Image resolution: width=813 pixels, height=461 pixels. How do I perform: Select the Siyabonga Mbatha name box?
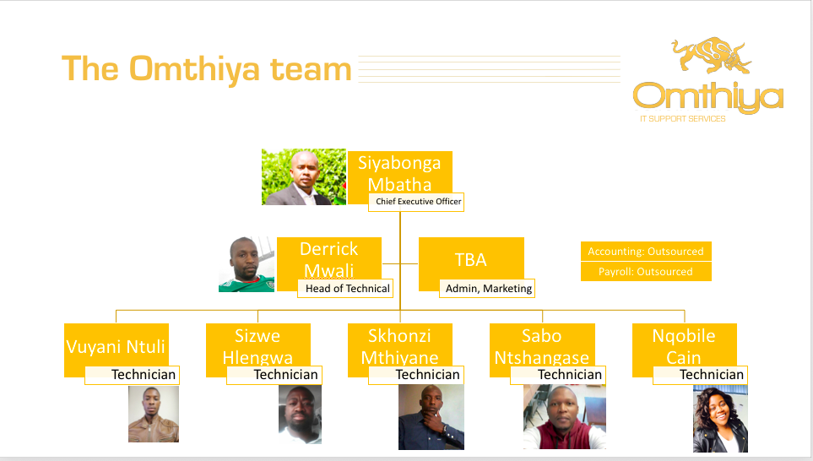400,173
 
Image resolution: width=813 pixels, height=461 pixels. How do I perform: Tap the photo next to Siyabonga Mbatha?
304,176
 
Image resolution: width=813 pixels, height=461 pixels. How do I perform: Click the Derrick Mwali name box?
329,258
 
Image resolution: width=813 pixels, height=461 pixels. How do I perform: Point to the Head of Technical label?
345,288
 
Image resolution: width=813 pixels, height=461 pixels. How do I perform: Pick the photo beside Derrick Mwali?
247,264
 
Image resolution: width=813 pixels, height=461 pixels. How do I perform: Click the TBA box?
471,259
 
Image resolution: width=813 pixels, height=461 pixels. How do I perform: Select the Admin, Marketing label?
487,288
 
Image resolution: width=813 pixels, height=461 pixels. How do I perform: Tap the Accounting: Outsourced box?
646,252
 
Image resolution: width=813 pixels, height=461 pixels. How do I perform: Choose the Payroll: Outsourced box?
646,272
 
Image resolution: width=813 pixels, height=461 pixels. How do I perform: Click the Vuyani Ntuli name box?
117,346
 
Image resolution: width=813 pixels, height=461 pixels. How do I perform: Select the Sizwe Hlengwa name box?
258,346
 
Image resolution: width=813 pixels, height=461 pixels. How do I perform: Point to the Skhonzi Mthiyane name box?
400,346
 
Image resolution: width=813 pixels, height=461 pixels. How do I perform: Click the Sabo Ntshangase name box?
542,346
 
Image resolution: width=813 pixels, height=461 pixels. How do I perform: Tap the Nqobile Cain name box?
685,346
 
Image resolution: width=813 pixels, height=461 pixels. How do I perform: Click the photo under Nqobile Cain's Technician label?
720,419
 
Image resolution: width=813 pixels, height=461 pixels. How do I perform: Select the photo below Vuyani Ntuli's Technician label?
154,414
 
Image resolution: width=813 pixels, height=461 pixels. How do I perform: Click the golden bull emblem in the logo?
711,56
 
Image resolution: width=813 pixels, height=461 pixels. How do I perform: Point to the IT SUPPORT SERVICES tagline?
682,119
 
